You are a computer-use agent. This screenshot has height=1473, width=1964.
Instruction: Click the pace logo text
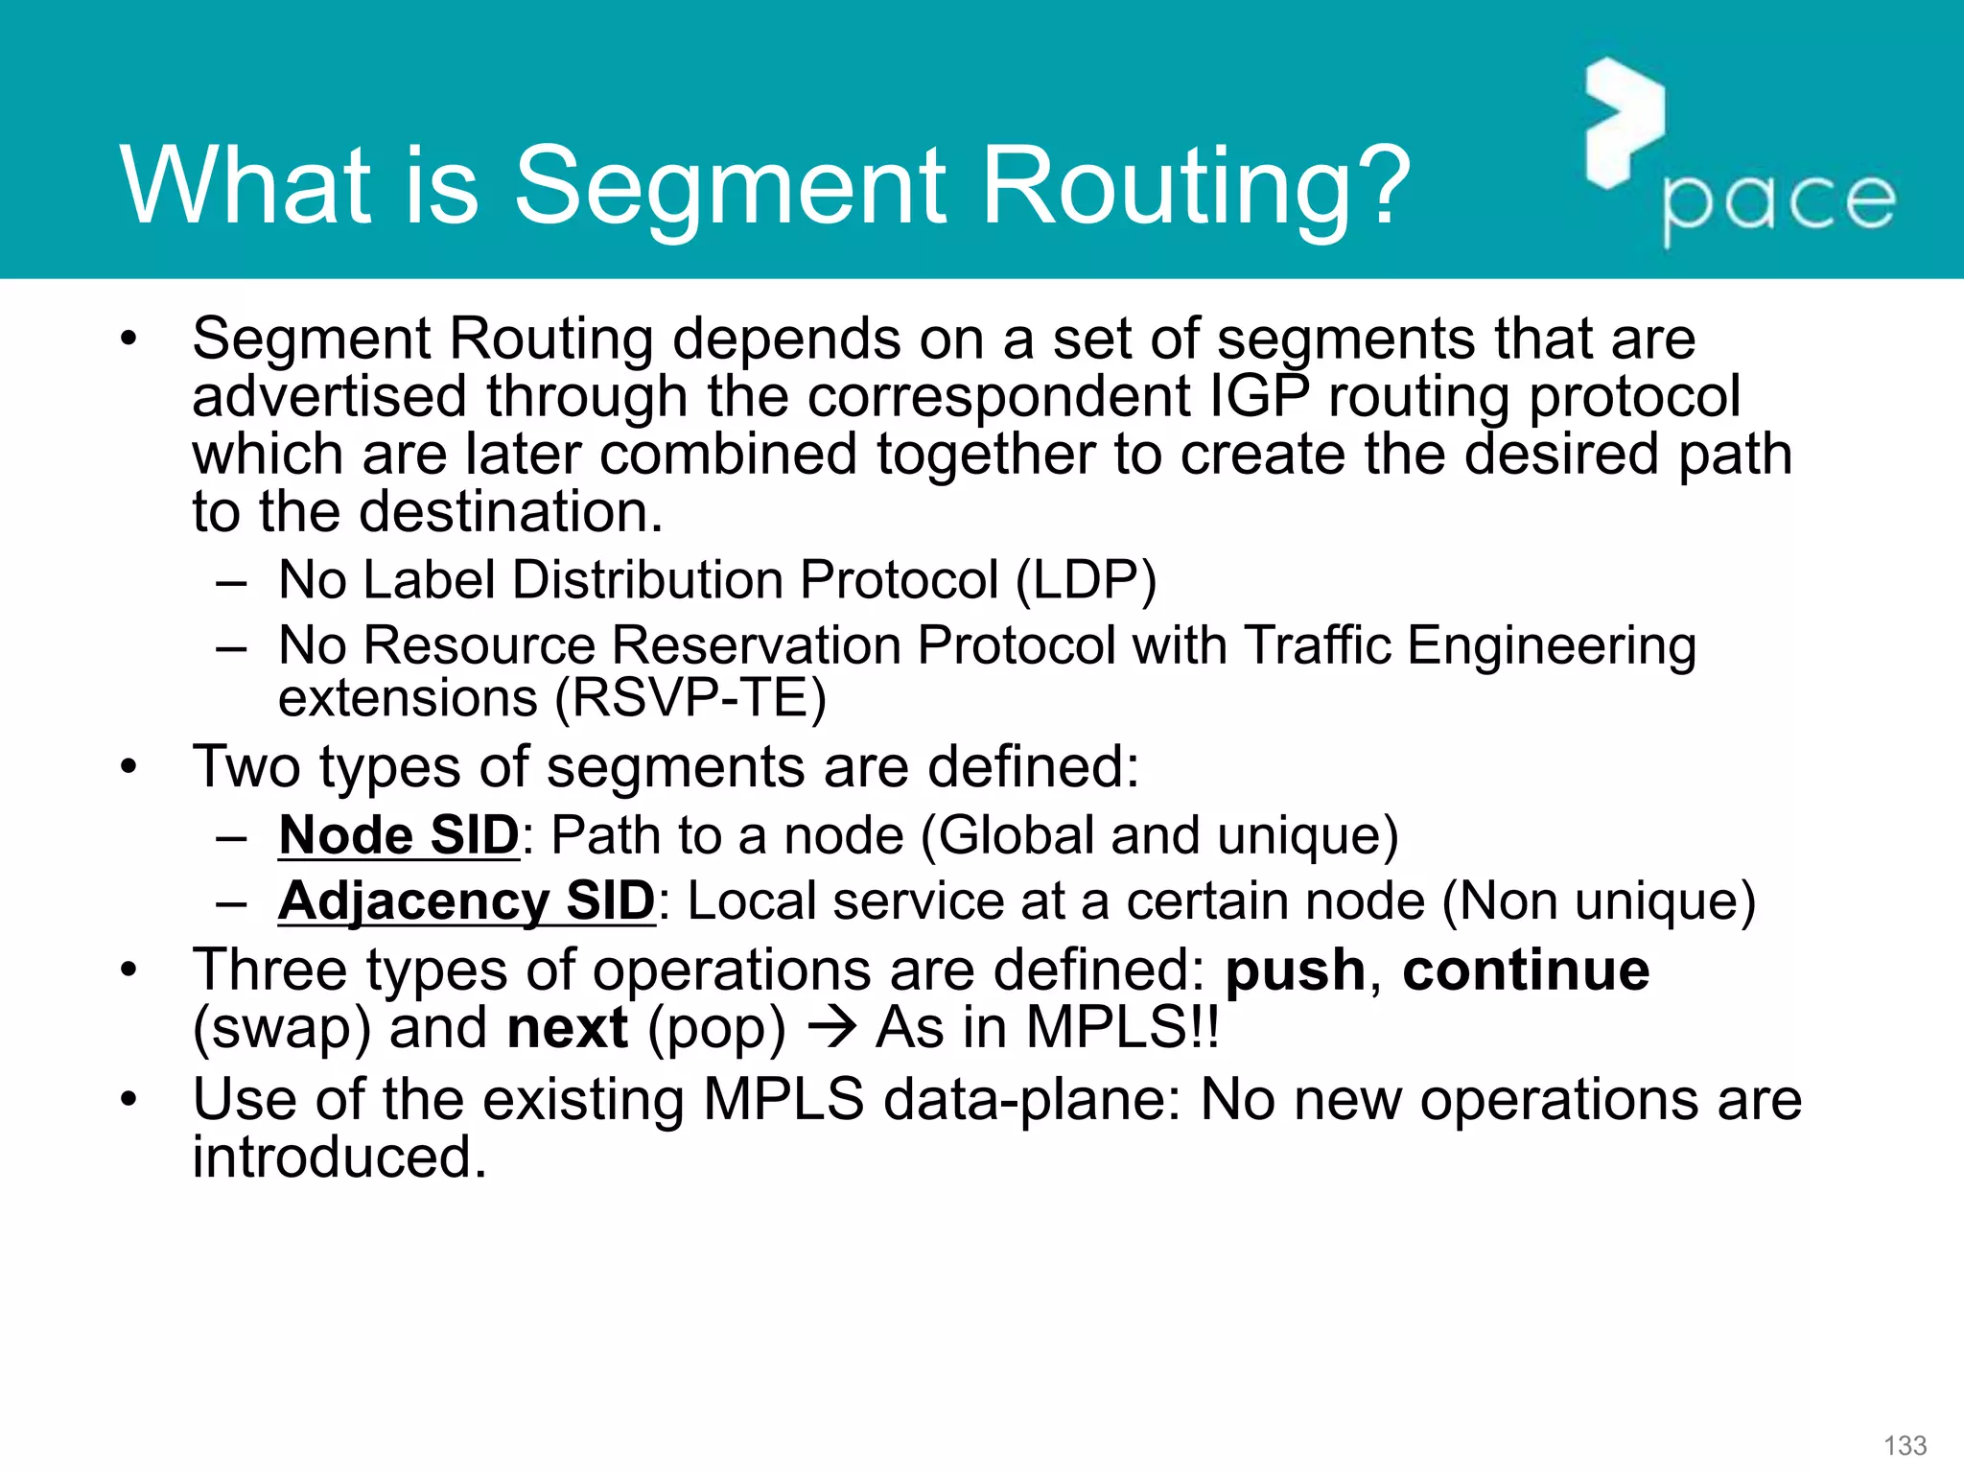[1779, 202]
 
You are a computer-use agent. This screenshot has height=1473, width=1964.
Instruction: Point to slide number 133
[1905, 1445]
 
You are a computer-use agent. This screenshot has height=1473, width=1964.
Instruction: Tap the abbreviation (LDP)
[1086, 580]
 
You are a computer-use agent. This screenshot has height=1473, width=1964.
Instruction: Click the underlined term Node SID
[399, 835]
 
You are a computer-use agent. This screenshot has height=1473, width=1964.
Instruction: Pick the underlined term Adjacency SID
[466, 901]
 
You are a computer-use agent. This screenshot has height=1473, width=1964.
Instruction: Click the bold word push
[1295, 970]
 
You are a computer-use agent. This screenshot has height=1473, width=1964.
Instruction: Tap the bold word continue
[1526, 970]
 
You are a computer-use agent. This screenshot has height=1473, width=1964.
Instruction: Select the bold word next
[567, 1028]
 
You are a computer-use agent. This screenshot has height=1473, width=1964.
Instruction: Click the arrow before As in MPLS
[830, 1028]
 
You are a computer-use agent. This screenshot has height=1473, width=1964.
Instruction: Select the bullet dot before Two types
[129, 767]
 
